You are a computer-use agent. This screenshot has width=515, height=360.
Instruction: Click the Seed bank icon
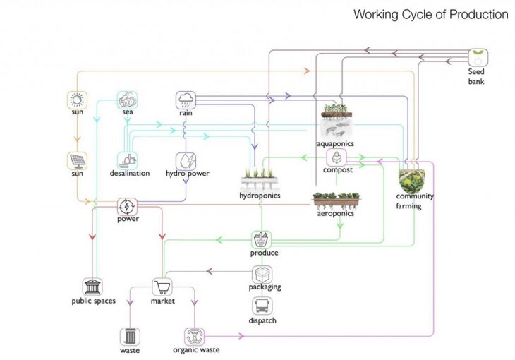click(x=479, y=57)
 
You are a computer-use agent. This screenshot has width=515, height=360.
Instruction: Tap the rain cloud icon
click(x=186, y=100)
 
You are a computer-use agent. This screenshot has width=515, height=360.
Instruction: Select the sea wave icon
click(x=128, y=100)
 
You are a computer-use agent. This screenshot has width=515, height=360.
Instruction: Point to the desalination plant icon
click(x=128, y=160)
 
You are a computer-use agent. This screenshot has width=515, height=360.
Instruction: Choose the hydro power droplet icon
click(x=186, y=160)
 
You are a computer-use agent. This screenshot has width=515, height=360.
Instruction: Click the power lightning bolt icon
click(x=128, y=206)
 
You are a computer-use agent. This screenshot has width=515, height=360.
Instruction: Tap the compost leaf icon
click(x=338, y=157)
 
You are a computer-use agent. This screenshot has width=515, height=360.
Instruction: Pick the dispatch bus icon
click(x=262, y=307)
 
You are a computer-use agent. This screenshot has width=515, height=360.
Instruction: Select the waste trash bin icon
click(x=130, y=335)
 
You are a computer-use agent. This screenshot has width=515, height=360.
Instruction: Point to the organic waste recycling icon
click(x=195, y=335)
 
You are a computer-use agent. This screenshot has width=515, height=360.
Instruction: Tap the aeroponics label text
click(x=336, y=213)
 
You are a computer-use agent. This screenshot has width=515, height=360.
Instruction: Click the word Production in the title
click(x=476, y=14)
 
